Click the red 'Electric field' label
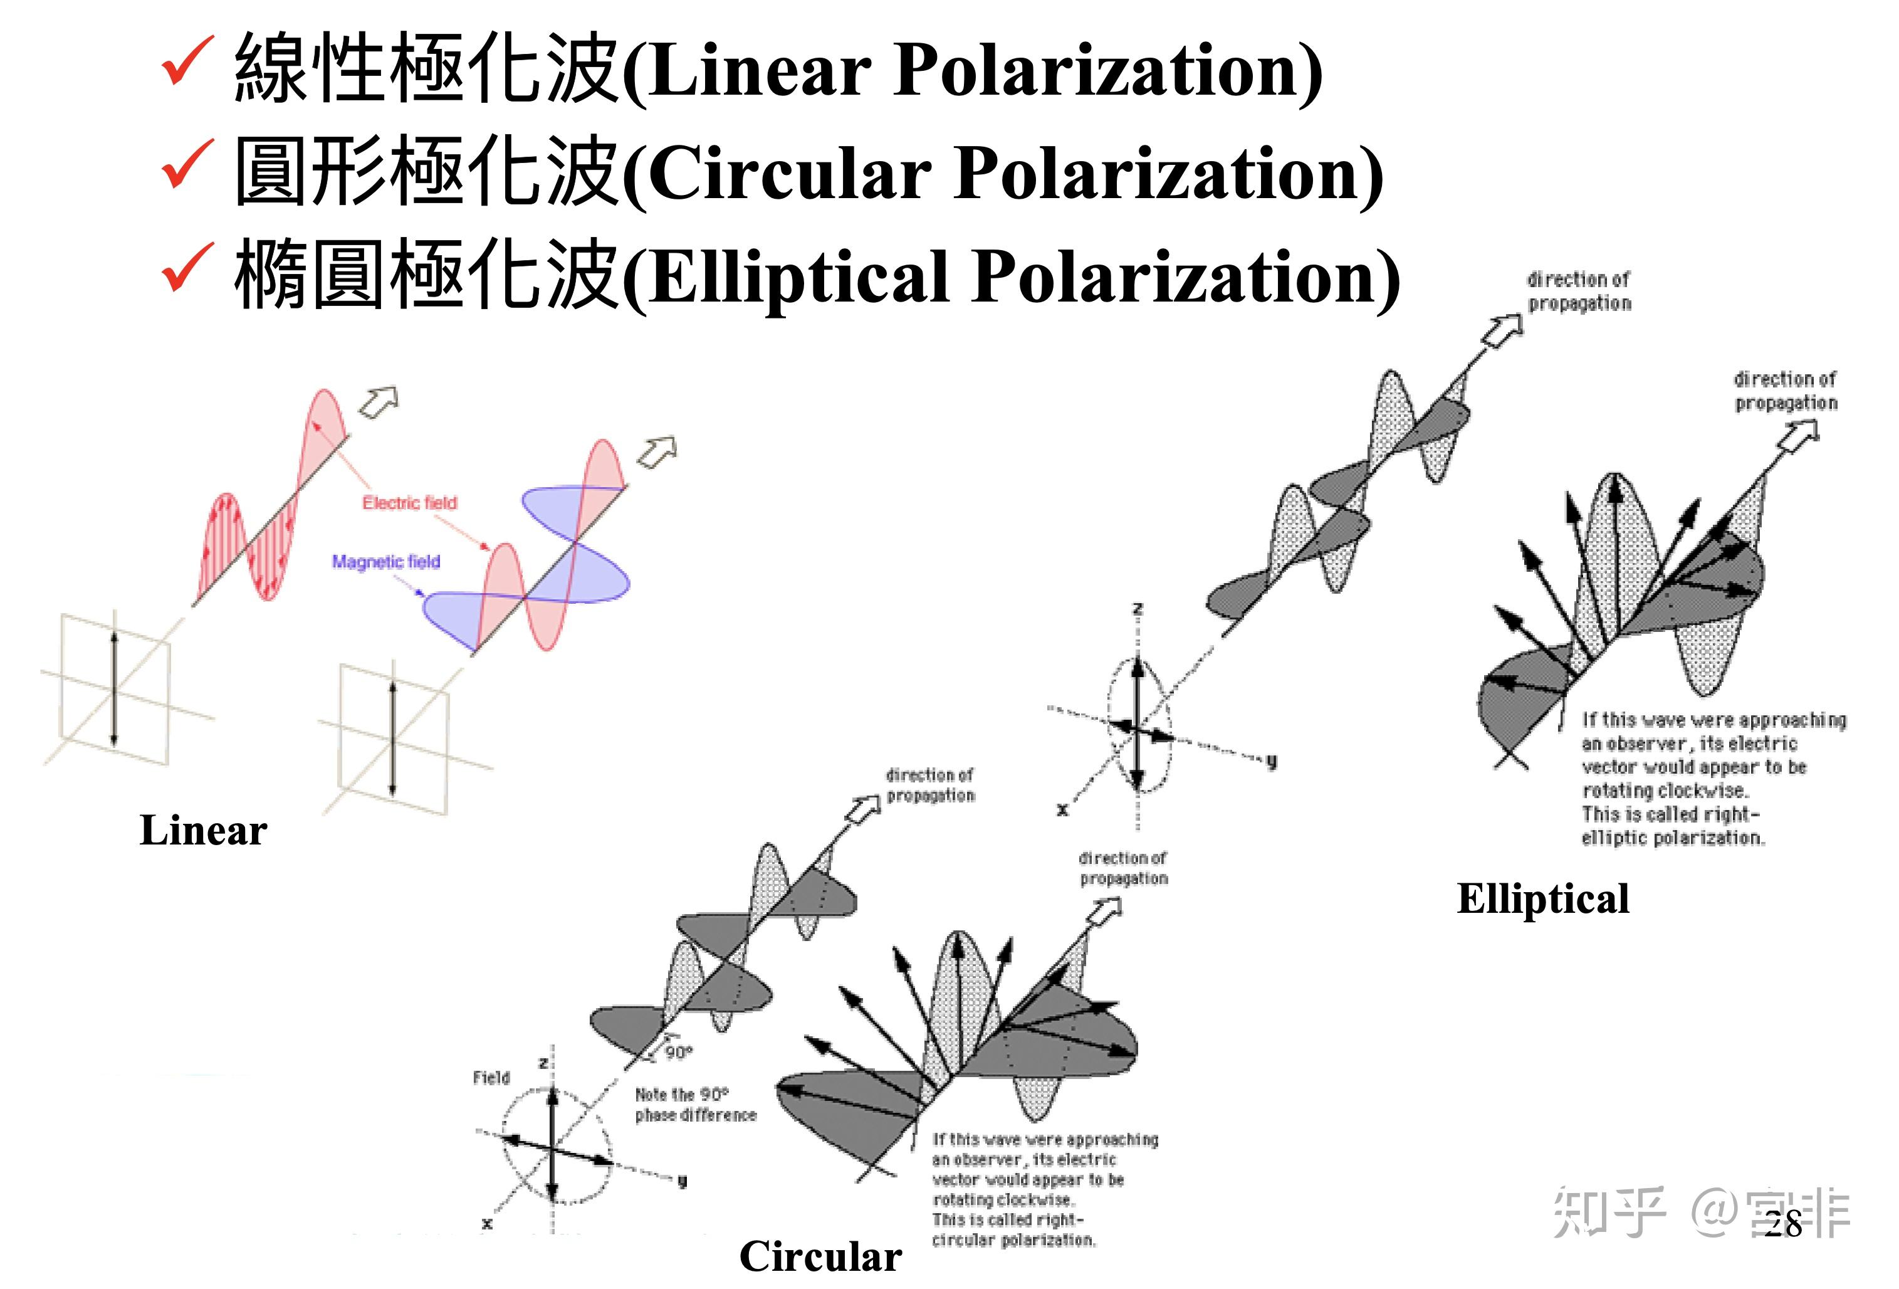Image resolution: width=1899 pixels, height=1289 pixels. [409, 503]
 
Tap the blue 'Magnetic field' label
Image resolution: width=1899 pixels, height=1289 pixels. [385, 562]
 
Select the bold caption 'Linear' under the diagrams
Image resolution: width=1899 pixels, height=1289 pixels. [204, 831]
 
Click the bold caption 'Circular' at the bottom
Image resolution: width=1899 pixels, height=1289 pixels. [820, 1256]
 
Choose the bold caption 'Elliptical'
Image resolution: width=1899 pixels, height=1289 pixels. [1543, 898]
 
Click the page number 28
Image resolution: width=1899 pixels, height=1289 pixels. [1783, 1224]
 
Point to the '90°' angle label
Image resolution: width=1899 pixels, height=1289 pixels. [678, 1052]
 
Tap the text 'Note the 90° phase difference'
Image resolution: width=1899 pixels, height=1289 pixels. [696, 1104]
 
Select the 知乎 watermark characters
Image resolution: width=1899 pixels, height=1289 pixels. [1608, 1212]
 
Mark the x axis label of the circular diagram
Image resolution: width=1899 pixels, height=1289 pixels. [487, 1224]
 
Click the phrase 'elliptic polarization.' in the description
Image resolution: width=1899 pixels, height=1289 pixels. [1673, 838]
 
